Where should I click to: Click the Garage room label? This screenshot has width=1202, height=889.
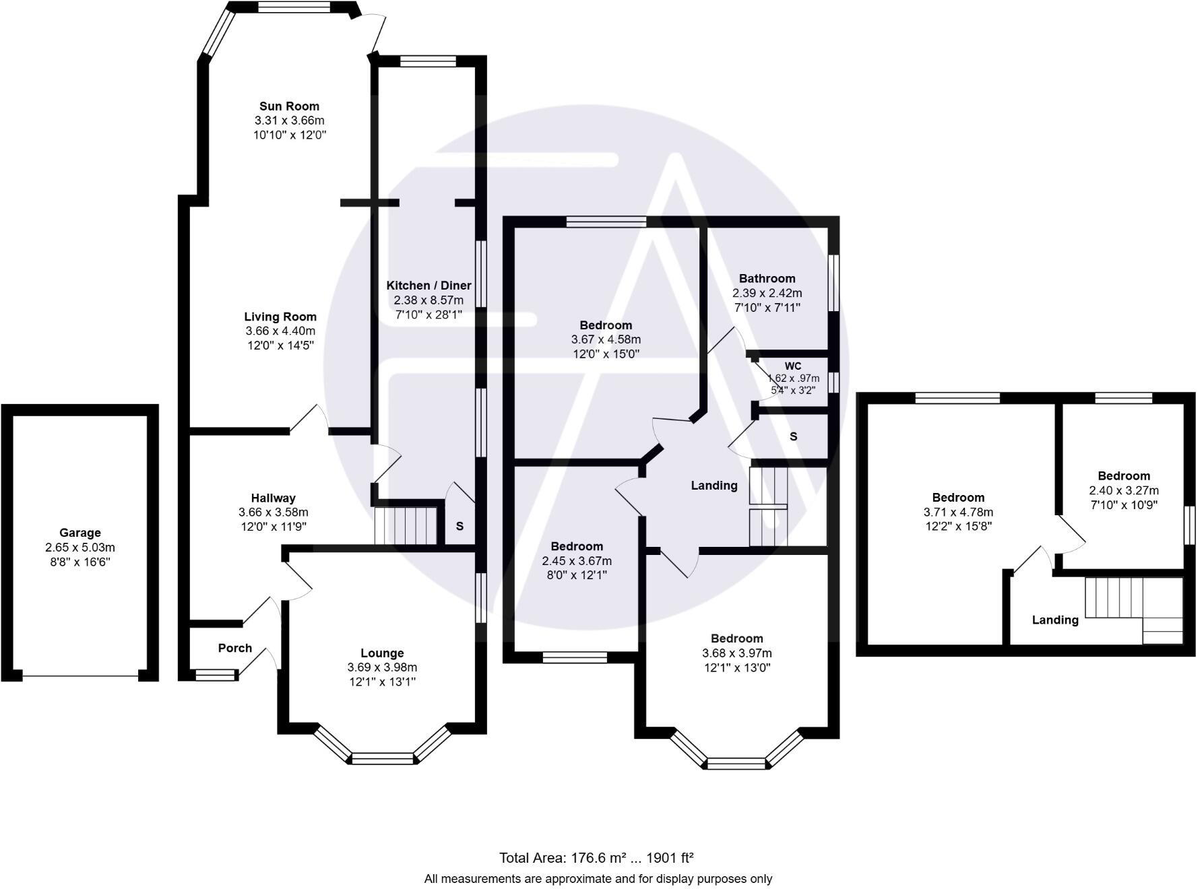point(80,533)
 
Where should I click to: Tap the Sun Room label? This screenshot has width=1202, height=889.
point(289,106)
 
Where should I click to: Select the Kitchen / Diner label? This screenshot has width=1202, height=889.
point(429,285)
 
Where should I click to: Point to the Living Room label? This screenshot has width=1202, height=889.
point(280,317)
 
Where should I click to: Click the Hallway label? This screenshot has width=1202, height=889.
point(273,498)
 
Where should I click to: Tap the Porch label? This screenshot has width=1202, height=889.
point(234,648)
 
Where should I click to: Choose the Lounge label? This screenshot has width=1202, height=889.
point(382,653)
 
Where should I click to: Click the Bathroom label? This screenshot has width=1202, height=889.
point(767,278)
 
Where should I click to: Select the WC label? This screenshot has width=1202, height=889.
point(793,366)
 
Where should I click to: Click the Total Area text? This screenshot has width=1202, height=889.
point(596,858)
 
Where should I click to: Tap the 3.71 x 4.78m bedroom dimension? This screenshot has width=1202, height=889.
point(958,513)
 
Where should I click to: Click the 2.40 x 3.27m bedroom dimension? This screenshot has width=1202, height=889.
point(1124,490)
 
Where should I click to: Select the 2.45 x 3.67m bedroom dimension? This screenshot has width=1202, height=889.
point(577,561)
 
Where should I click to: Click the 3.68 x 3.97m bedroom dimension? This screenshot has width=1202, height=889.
point(736,653)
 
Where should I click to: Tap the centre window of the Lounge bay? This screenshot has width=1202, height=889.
point(382,758)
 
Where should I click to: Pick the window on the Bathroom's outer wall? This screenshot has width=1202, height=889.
point(833,283)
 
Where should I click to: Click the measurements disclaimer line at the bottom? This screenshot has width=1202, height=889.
point(598,878)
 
